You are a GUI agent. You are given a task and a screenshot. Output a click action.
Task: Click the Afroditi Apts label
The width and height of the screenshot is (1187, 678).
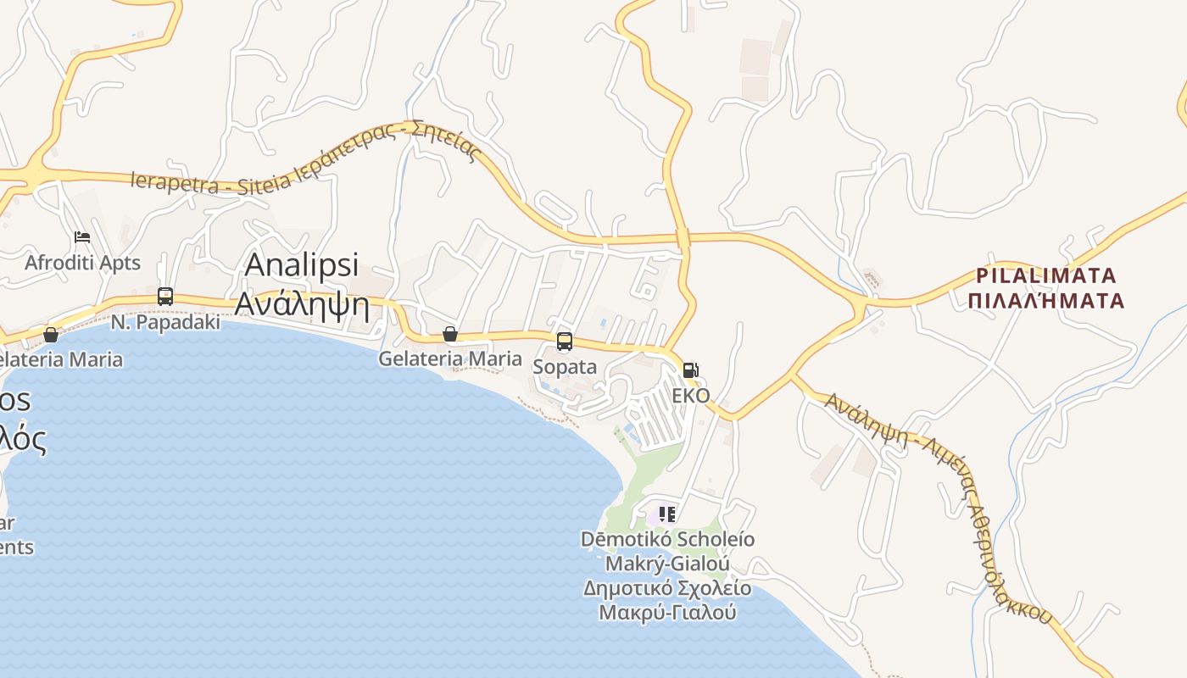(x=82, y=263)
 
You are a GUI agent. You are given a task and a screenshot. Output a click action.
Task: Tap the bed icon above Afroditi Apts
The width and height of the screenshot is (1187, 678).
(x=82, y=236)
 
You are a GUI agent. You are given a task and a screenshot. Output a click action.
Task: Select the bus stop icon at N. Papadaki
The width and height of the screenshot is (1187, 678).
(x=165, y=297)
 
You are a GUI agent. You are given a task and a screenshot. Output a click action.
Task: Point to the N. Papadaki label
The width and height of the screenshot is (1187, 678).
(x=166, y=322)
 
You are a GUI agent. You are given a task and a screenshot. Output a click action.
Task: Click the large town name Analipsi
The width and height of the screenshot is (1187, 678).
(x=302, y=264)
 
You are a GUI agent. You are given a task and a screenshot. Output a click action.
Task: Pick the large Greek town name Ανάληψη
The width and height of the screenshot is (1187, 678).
(x=302, y=303)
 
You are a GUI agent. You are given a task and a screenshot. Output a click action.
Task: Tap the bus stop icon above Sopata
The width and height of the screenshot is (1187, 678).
(x=565, y=342)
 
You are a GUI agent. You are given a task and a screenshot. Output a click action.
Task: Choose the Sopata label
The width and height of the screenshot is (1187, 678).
(x=565, y=367)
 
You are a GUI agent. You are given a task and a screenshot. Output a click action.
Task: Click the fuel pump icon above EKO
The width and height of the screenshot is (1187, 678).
(x=691, y=370)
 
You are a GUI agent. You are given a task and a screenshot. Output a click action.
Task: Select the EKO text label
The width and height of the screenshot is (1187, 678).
(x=691, y=396)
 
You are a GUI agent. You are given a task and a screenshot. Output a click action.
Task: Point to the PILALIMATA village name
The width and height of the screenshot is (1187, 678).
(x=1047, y=275)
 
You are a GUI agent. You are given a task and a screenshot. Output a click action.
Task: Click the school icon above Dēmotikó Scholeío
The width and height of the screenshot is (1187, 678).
(x=667, y=514)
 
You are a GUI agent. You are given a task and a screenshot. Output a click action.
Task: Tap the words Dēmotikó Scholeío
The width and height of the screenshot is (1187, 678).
(x=668, y=539)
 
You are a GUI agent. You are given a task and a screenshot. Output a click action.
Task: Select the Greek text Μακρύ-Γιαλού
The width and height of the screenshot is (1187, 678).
(x=668, y=612)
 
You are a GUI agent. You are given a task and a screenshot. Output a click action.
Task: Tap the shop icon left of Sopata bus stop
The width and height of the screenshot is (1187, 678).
(x=450, y=335)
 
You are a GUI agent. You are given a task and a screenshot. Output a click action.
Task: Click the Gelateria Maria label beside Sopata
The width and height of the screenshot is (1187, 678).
(x=450, y=358)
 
